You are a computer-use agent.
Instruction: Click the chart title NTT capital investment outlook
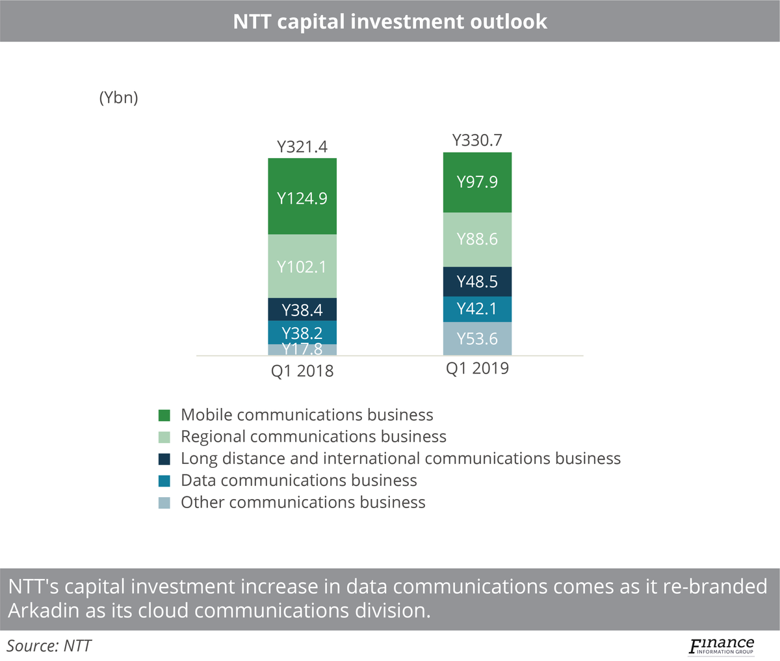point(390,21)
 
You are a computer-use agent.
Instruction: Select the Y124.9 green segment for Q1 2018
point(302,196)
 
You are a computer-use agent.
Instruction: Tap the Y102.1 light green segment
point(302,266)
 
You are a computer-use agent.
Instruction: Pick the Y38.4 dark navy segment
point(302,310)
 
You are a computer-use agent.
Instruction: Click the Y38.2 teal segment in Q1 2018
point(302,332)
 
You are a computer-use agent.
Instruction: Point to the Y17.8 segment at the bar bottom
point(302,349)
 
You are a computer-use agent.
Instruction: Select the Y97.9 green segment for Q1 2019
point(477,182)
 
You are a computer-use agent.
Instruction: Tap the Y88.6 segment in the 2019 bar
point(477,239)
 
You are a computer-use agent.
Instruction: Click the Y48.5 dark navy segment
point(477,282)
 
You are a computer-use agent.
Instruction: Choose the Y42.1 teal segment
point(477,309)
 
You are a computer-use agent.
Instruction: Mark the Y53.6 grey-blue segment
point(477,339)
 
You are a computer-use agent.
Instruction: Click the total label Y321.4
point(302,147)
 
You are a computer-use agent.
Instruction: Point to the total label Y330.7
point(477,141)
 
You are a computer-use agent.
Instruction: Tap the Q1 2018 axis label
point(302,371)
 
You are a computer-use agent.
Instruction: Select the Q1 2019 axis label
point(477,369)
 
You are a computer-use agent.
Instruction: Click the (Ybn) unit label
point(118,98)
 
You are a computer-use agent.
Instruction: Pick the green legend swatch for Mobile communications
point(164,416)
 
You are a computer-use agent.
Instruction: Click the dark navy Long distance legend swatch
point(164,459)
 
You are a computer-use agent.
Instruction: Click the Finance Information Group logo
point(721,646)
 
